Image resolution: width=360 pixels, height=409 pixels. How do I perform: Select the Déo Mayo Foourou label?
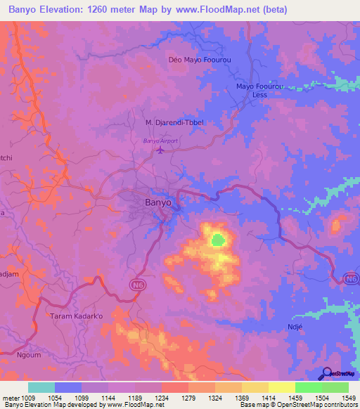[200, 60]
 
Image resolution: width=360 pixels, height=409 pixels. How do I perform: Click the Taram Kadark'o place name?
[76, 316]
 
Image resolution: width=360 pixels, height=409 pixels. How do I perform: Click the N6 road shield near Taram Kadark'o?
[138, 284]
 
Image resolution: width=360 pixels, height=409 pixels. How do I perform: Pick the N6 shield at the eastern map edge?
[351, 280]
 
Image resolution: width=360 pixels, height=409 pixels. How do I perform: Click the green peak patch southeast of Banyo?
[219, 240]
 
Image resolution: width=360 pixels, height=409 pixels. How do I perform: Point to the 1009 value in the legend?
[28, 398]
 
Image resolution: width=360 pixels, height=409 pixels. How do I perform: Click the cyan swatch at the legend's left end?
[41, 387]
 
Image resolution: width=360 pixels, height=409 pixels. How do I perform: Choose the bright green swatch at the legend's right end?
[335, 387]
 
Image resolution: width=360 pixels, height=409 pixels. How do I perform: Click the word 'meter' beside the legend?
[11, 398]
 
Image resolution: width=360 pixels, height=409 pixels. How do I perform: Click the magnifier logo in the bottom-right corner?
[325, 373]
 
